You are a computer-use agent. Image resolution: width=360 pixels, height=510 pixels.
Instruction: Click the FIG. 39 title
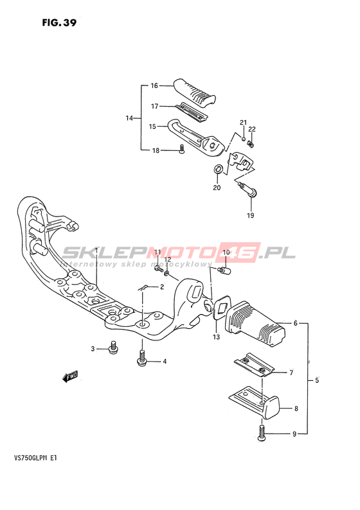[x=59, y=22]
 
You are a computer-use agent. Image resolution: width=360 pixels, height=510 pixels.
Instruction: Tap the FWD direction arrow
[x=70, y=376]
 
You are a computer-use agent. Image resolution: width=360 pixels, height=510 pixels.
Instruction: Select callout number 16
[x=154, y=85]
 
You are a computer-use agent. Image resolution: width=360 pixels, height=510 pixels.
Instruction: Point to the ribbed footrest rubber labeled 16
[x=195, y=91]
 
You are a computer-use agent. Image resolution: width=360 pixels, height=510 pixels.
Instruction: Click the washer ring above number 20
[x=218, y=169]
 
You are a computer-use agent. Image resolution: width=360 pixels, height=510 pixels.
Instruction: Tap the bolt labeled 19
[x=249, y=190]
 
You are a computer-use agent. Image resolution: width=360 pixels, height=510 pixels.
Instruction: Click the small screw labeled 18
[x=182, y=149]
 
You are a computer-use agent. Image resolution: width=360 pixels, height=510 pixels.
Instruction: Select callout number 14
[x=129, y=118]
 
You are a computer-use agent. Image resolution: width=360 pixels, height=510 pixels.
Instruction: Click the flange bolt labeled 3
[x=113, y=347]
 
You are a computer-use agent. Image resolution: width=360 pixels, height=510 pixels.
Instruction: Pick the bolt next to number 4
[x=142, y=358]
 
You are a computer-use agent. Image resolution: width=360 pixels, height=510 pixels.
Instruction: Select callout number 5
[x=317, y=380]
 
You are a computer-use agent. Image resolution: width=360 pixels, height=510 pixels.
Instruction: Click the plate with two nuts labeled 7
[x=254, y=365]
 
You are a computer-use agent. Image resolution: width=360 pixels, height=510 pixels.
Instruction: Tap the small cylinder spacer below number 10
[x=224, y=270]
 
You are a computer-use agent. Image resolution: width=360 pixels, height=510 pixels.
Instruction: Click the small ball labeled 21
[x=243, y=139]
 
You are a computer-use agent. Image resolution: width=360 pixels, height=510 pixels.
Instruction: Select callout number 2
[x=161, y=286]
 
